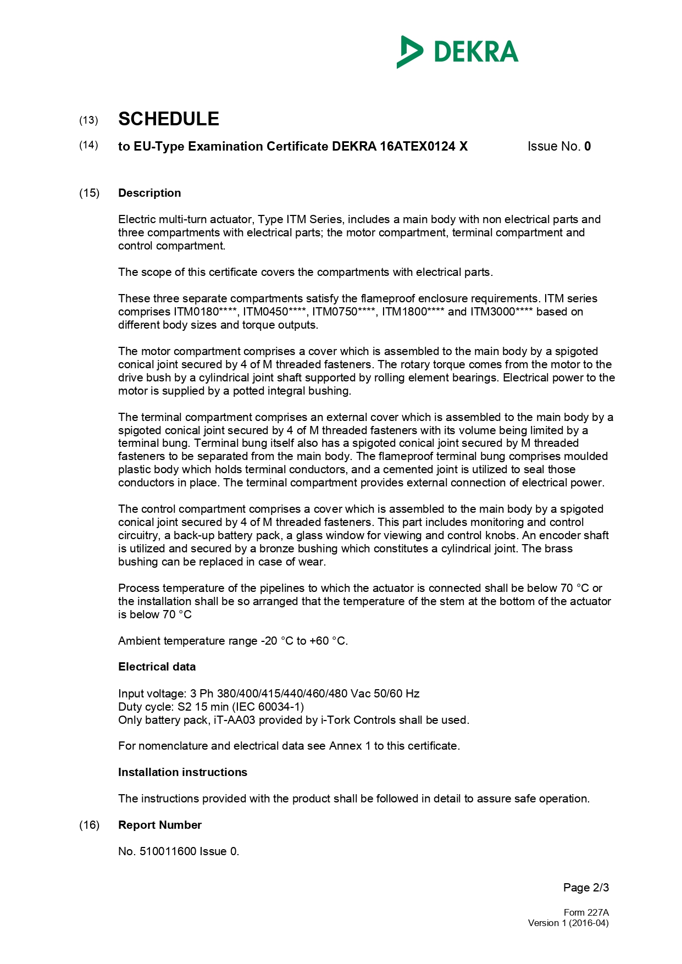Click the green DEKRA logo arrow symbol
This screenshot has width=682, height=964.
tap(409, 52)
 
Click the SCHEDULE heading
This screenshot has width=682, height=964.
tap(169, 119)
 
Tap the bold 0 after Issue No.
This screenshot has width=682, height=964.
tap(587, 146)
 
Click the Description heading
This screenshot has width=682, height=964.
tap(149, 193)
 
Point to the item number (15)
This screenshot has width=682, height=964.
tap(89, 193)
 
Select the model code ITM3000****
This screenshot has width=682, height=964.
tap(502, 312)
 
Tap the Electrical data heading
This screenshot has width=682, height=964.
tap(157, 667)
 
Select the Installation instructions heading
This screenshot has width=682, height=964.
tap(182, 772)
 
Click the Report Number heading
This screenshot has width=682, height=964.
tap(159, 825)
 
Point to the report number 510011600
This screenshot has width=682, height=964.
tap(168, 851)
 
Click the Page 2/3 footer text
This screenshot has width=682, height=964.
tap(586, 888)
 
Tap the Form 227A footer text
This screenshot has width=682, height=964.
tap(586, 912)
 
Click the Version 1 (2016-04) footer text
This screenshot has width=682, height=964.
tap(568, 923)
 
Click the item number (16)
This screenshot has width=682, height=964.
tap(89, 825)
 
